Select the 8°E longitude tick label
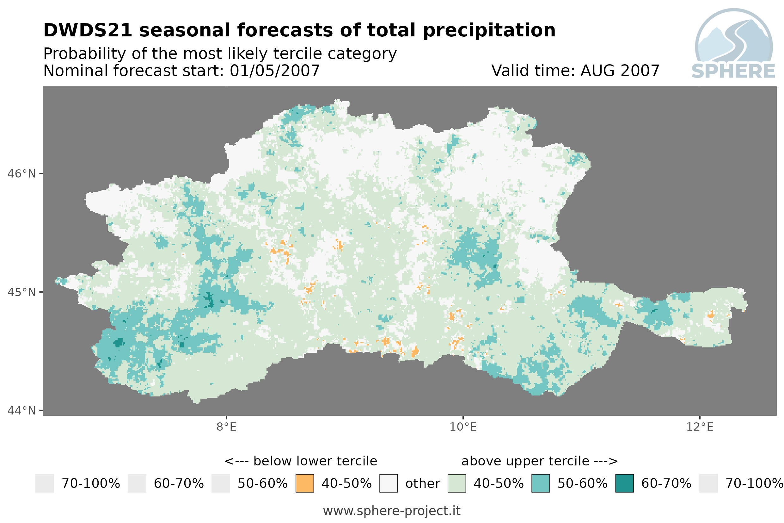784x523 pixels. coord(227,427)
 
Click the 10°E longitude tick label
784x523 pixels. coord(463,427)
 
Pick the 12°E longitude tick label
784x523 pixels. coord(700,427)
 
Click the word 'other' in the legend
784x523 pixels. coord(423,484)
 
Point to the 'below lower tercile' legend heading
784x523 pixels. coord(315,461)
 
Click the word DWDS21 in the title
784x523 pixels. coord(88,30)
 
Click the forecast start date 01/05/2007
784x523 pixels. coord(274,71)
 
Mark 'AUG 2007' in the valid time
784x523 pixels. coord(620,71)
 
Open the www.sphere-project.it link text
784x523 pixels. coord(392,511)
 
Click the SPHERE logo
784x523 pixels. coord(734,43)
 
